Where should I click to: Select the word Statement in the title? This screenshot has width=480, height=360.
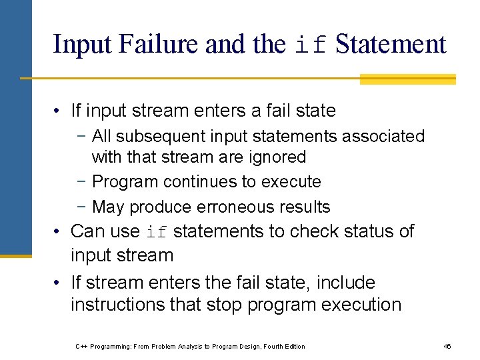(x=391, y=45)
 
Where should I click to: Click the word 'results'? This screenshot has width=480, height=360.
(x=305, y=207)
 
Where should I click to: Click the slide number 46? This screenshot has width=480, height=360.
(x=447, y=347)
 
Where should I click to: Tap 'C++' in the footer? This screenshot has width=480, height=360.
(x=81, y=347)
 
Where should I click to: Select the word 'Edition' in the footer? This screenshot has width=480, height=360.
(x=293, y=347)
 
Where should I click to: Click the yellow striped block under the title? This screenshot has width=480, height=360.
(x=407, y=79)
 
